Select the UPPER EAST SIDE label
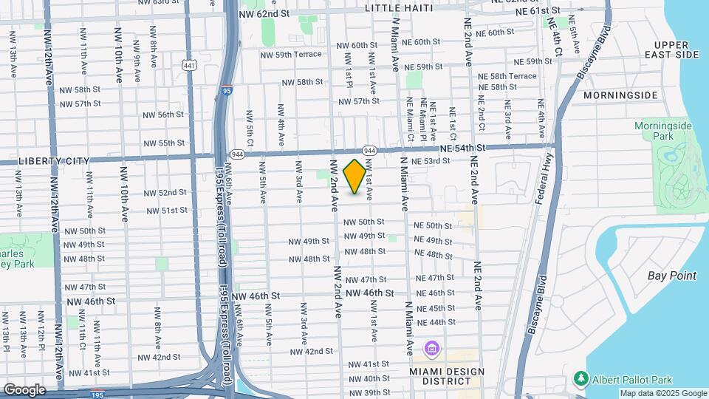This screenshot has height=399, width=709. pos(671,50)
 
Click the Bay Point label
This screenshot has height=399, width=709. pos(671,276)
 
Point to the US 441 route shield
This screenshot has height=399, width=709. pos(190,66)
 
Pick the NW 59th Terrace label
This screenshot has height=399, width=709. pos(291,54)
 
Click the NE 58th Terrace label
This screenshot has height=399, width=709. pos(507,76)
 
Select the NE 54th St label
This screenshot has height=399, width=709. pos(462,148)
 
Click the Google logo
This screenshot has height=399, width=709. pos(24,389)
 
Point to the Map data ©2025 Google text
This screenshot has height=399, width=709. pos(663,393)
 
